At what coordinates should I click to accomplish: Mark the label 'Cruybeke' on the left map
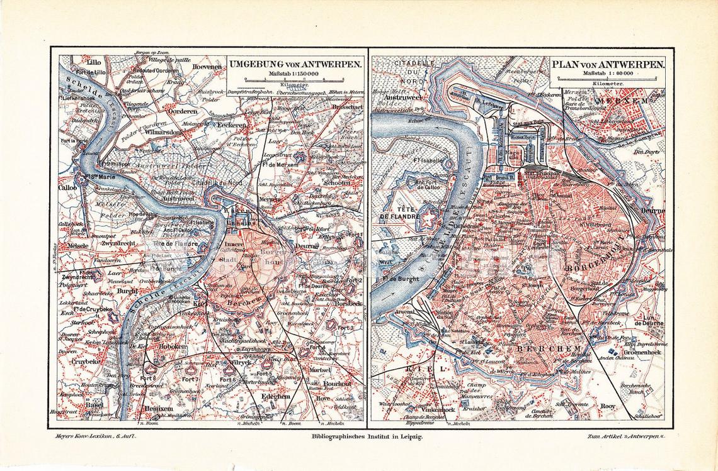coord(87,362)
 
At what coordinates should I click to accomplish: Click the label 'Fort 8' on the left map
coord(149,378)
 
